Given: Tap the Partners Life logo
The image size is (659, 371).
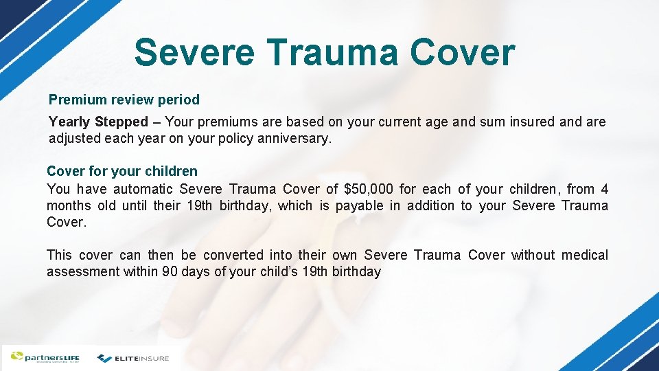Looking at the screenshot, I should point(45,357).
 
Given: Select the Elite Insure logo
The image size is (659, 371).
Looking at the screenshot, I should point(133,358).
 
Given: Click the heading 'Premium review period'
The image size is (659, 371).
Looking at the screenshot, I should point(124,100).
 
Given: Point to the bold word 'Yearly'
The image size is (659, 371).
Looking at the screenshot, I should point(69,122).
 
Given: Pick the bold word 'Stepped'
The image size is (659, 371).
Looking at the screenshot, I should point(122,122).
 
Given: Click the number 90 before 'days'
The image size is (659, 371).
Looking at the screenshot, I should point(170,271).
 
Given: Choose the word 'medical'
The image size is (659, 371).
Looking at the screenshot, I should point(584,255).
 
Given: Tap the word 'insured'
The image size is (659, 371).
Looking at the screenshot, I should point(529,122).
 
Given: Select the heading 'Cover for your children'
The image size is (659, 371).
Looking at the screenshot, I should point(122,171).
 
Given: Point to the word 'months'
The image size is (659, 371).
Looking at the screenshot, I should point(68,205).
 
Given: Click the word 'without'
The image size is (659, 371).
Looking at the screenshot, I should point(533,255).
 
